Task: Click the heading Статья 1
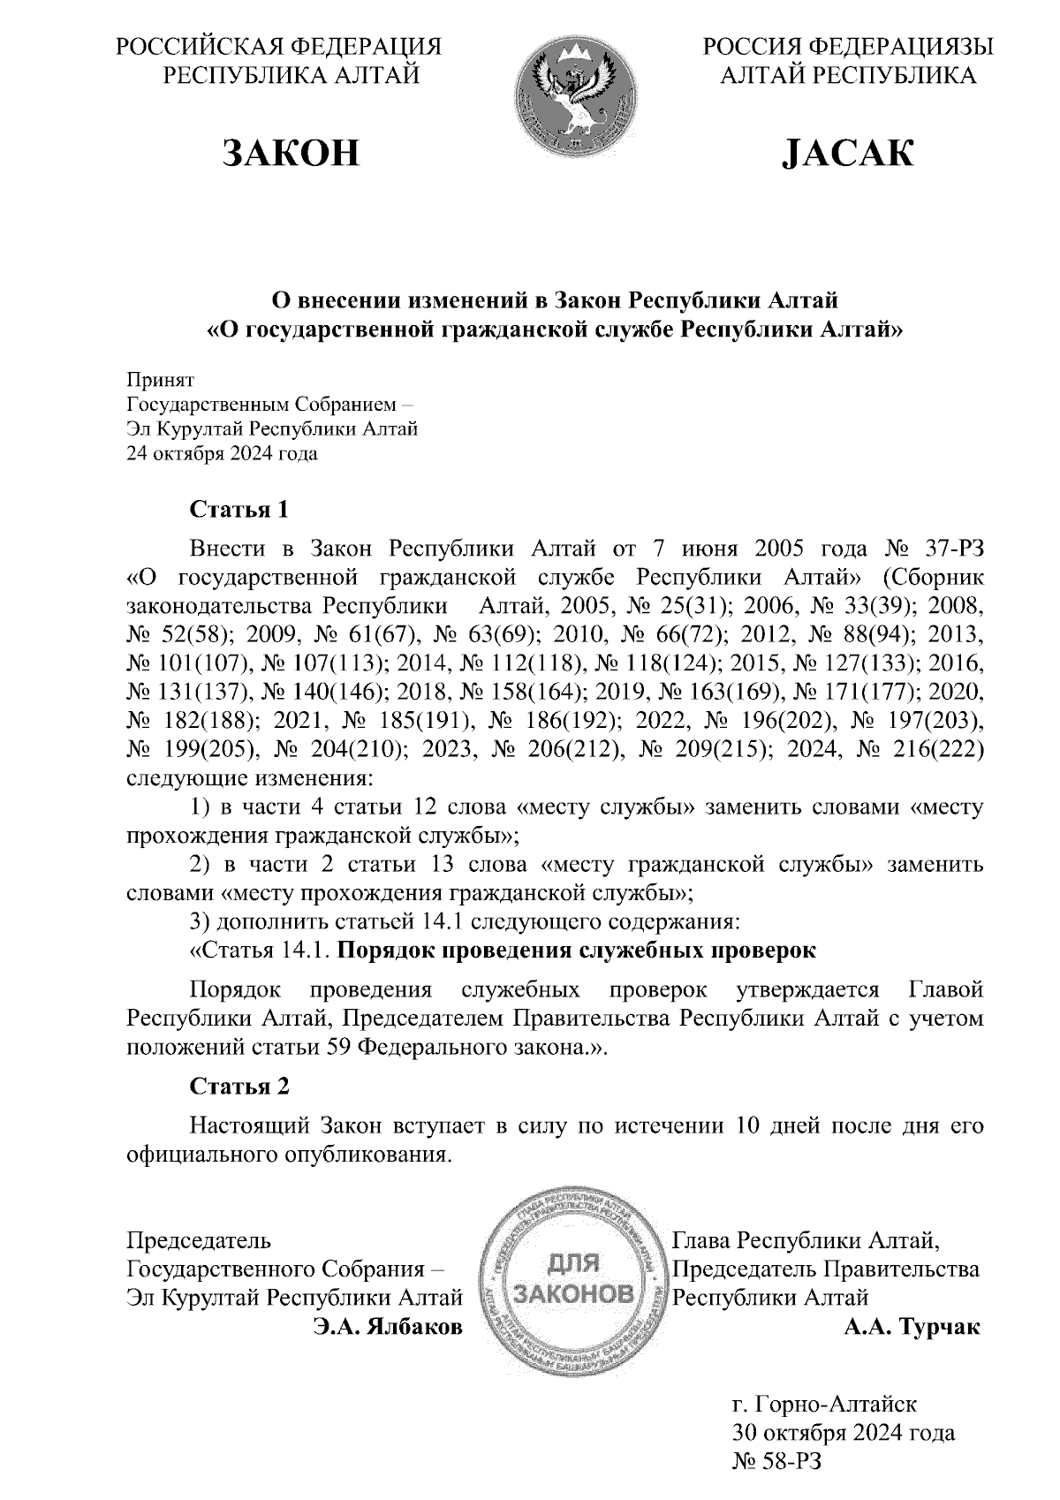(x=239, y=510)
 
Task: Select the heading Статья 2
(x=239, y=1086)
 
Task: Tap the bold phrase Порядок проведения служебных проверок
(x=577, y=951)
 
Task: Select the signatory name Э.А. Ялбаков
(x=388, y=1327)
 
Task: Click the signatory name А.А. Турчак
(x=912, y=1327)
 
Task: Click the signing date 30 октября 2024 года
(x=844, y=1431)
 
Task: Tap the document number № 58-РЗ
(x=776, y=1460)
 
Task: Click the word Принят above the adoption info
(x=160, y=380)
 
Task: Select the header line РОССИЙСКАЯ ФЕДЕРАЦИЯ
(x=278, y=46)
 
